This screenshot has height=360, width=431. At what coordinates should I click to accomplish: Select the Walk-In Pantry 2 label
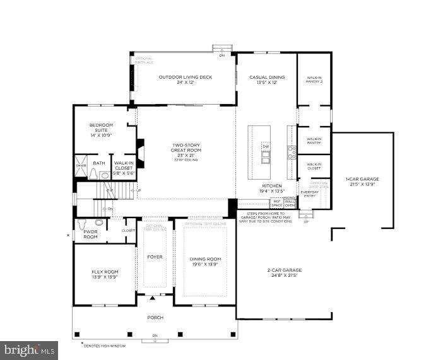pos(314,80)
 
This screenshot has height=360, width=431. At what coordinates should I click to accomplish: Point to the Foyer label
pos(155,257)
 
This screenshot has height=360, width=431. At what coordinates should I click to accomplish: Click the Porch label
pos(155,317)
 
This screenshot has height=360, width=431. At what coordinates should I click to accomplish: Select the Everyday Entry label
pos(309,194)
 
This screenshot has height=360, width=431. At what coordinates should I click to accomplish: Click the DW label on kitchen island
pos(266,147)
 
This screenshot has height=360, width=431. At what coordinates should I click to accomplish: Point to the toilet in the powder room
pos(99,223)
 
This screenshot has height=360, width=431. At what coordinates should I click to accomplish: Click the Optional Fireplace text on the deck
pos(144,61)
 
